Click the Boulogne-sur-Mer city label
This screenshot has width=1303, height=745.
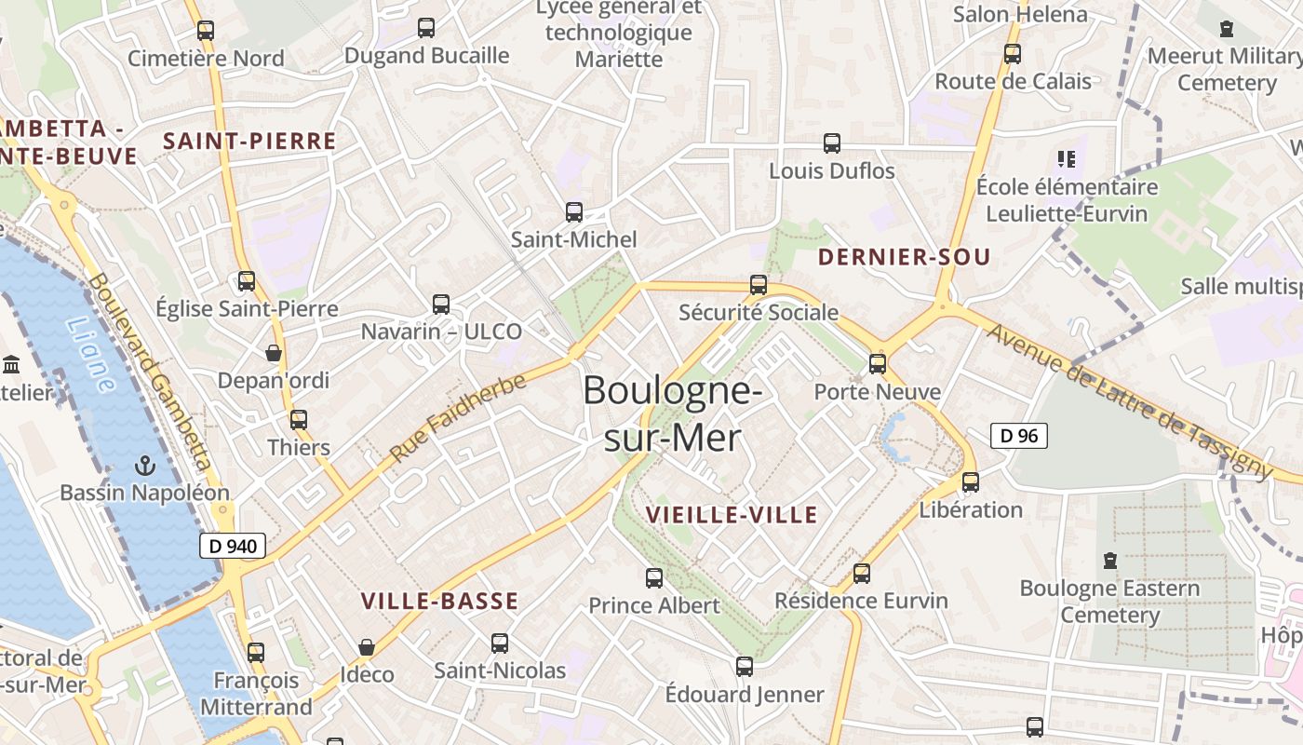[672, 413]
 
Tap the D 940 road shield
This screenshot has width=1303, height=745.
[233, 547]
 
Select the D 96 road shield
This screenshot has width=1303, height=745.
[1018, 436]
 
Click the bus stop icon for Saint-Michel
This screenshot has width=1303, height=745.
[574, 212]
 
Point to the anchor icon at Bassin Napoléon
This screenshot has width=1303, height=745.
[144, 465]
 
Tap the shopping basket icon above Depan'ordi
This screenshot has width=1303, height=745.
[274, 353]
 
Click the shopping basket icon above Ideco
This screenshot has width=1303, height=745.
[367, 646]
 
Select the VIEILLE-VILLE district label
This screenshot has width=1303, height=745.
[732, 515]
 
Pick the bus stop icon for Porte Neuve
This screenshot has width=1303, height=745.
[878, 364]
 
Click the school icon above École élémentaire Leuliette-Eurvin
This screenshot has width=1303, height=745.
[1067, 159]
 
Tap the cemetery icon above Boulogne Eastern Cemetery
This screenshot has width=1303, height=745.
[1109, 561]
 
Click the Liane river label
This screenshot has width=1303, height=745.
[91, 354]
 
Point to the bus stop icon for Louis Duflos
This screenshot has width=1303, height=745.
[832, 143]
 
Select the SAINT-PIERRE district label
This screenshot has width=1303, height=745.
[249, 142]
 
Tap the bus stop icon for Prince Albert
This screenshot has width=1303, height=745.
[654, 578]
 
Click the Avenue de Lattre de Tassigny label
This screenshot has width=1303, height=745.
[1129, 400]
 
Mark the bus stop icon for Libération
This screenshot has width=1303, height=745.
[971, 482]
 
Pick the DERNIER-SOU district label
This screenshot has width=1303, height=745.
[904, 258]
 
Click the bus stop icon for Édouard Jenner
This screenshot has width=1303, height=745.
[745, 667]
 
